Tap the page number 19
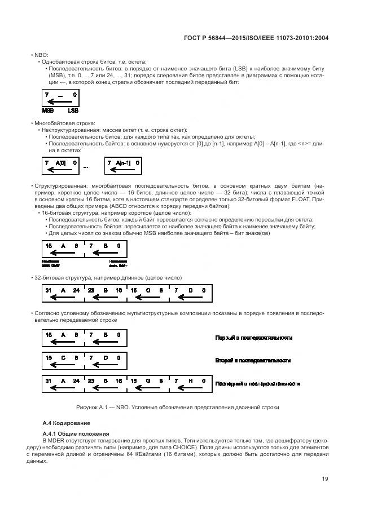tap(326, 479)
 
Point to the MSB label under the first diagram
tap(48, 111)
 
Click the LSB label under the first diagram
tap(73, 111)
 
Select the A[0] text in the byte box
tap(60, 162)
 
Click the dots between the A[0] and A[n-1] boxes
tap(86, 167)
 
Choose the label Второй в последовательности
tap(252, 360)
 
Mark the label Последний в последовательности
tap(257, 383)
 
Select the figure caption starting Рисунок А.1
tap(178, 407)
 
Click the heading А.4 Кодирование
tap(65, 423)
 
